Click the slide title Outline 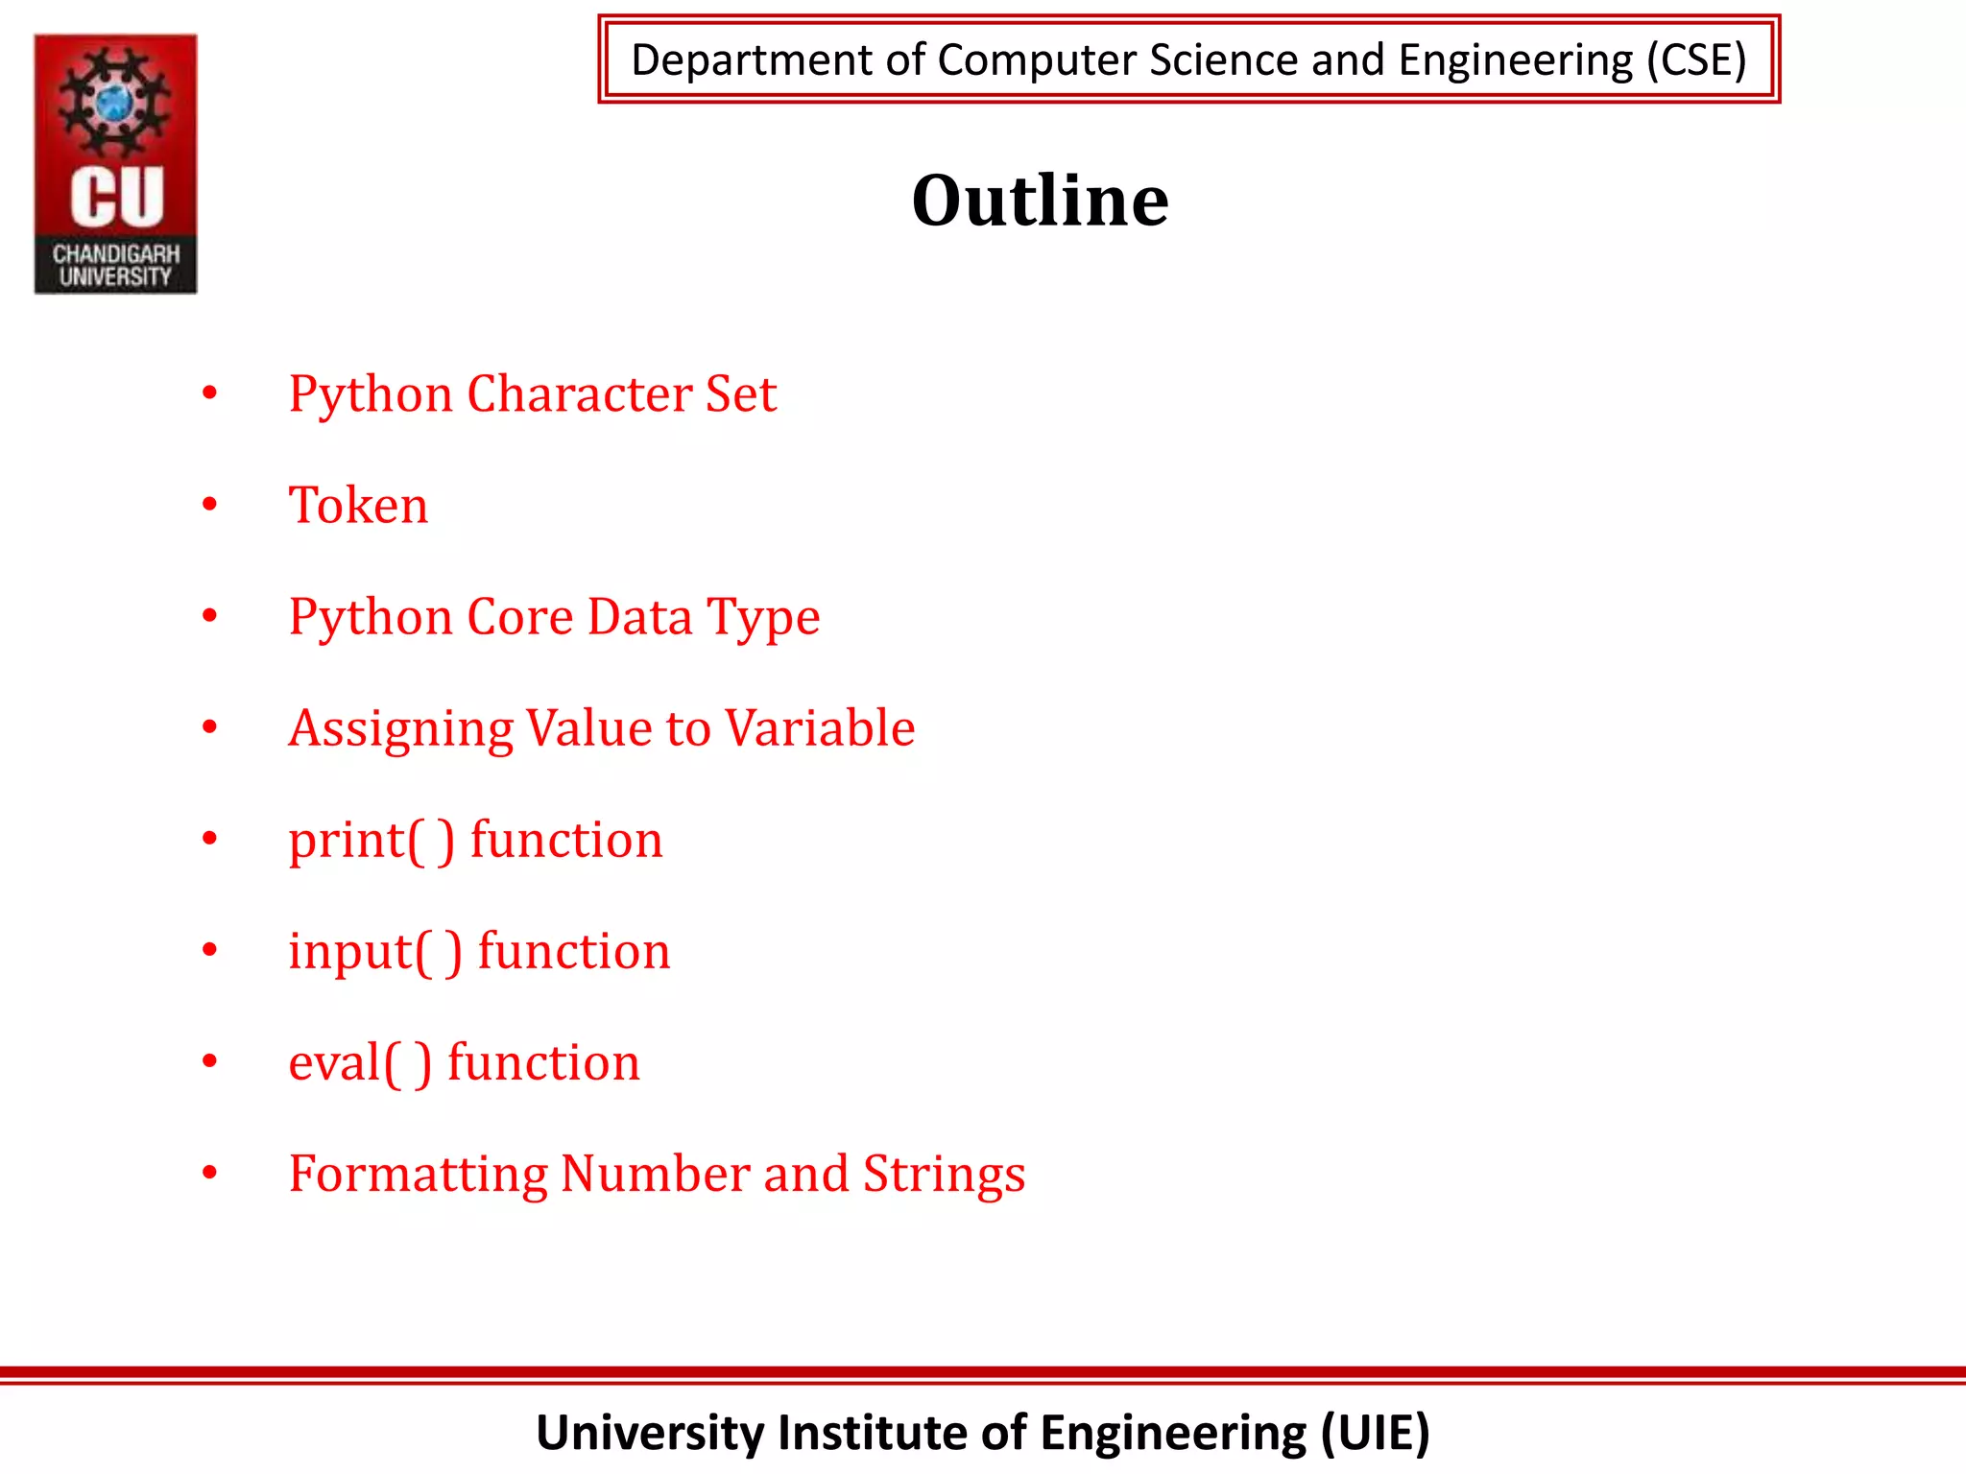[x=1040, y=201]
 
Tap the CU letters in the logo [x=116, y=198]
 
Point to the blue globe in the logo [x=115, y=101]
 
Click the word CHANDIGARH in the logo [x=116, y=253]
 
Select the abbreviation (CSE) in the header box [x=1695, y=59]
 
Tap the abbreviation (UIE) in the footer [x=1375, y=1433]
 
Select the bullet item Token [x=358, y=505]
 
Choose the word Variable [x=820, y=727]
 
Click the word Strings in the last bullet [x=944, y=1174]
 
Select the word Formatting [x=418, y=1174]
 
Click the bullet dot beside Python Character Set [x=210, y=392]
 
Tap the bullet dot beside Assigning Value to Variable [x=210, y=726]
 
